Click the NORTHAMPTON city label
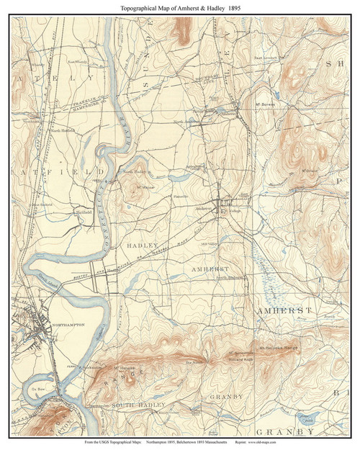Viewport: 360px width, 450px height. click(69, 325)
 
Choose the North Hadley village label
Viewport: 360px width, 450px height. click(134, 172)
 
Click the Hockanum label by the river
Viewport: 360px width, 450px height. click(96, 366)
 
